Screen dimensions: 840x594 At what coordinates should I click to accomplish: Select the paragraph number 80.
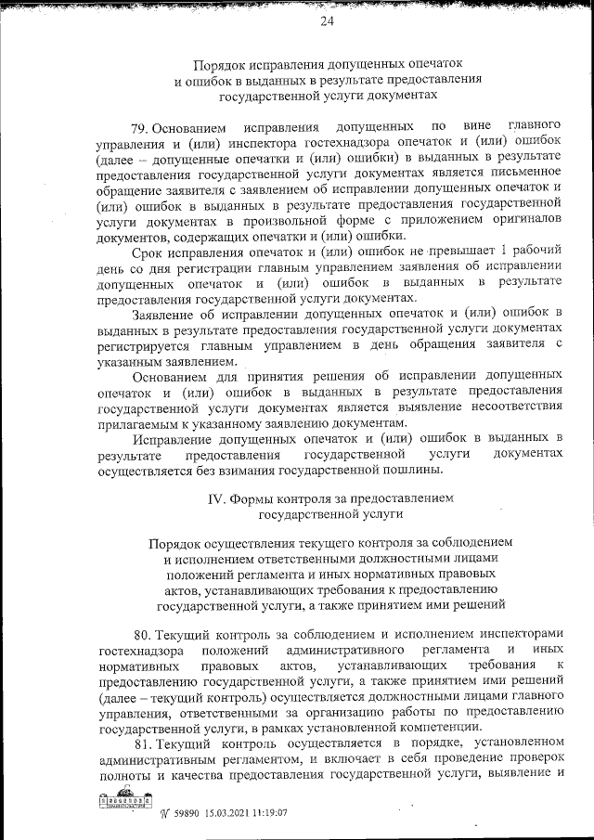142,635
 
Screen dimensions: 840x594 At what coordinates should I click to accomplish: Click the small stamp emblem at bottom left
118,804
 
